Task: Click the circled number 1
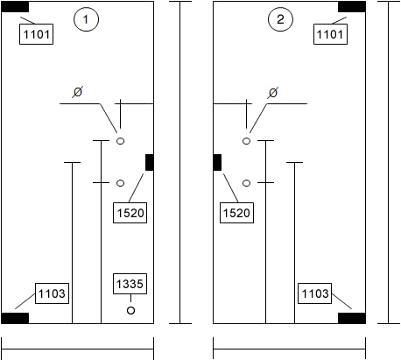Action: [86, 19]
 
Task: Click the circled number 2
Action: [280, 19]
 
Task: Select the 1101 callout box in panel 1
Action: [36, 34]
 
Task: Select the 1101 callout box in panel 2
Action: [330, 34]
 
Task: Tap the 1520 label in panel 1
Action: [130, 213]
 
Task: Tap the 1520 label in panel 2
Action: [236, 213]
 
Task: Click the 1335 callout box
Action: [130, 284]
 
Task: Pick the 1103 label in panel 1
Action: [52, 293]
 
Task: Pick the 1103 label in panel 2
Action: [315, 293]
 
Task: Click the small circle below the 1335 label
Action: [130, 310]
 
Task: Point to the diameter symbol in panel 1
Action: [78, 92]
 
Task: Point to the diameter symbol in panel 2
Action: [273, 93]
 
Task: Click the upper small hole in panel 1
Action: [120, 141]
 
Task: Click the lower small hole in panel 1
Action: [120, 183]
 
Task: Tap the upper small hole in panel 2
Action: [247, 141]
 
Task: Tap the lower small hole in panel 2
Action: [247, 183]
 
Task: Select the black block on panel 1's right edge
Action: [150, 162]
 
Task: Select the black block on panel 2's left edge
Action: [217, 162]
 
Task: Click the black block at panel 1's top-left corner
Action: [15, 7]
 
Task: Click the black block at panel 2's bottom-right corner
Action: [352, 318]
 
